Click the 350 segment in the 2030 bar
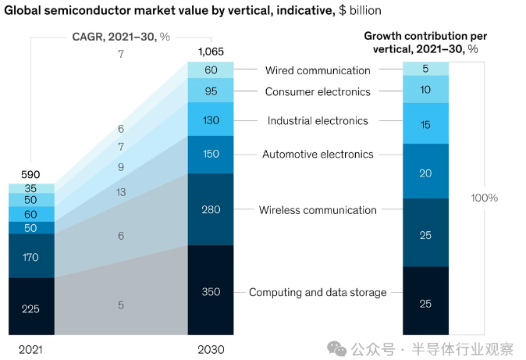(x=211, y=291)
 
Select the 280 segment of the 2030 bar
(x=211, y=209)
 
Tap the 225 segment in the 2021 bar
(x=31, y=308)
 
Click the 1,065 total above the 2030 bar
(x=211, y=52)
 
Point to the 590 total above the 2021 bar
(x=31, y=174)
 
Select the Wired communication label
(x=318, y=71)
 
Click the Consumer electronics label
(x=318, y=92)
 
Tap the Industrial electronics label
(x=318, y=121)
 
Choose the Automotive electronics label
(x=318, y=155)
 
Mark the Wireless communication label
(x=318, y=210)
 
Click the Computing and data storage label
(x=318, y=293)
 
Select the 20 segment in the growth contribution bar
(x=425, y=173)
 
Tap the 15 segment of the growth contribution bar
(x=425, y=125)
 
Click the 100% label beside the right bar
(x=484, y=198)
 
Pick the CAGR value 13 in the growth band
(x=121, y=192)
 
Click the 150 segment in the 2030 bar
(x=211, y=155)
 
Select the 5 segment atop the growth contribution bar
(x=425, y=69)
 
